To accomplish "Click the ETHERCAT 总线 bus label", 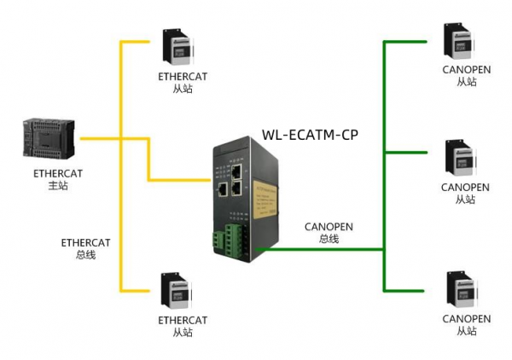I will pos(85,247).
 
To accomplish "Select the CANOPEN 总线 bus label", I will pos(329,233).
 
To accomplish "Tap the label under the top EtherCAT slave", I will pos(182,82).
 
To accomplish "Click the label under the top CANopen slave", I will pos(466,76).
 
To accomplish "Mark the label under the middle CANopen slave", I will pos(466,193).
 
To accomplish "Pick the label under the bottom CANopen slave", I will pos(466,325).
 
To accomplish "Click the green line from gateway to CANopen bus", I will pos(324,250).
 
